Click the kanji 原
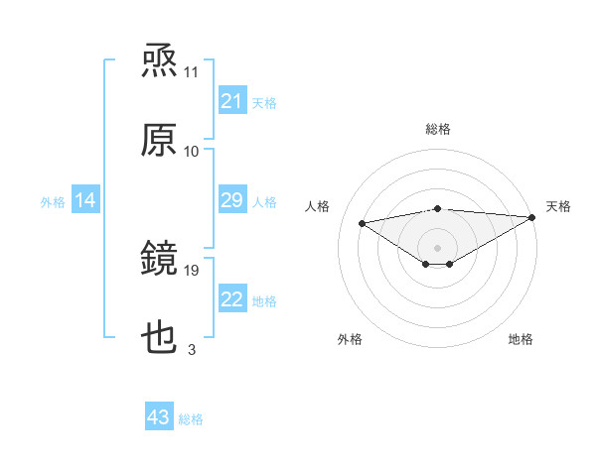point(160,141)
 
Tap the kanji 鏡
point(160,260)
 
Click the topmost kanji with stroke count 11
point(160,61)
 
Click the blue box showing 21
point(231,101)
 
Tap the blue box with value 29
point(231,201)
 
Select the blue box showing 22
point(231,300)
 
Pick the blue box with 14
point(85,201)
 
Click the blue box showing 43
point(159,417)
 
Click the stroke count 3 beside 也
point(192,350)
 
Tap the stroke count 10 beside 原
point(192,151)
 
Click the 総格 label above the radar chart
point(437,129)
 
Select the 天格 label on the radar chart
point(559,206)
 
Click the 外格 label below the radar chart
point(350,339)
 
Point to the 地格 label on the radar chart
point(521,339)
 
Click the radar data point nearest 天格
point(533,216)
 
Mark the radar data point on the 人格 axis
point(362,222)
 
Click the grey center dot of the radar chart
point(437,246)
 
